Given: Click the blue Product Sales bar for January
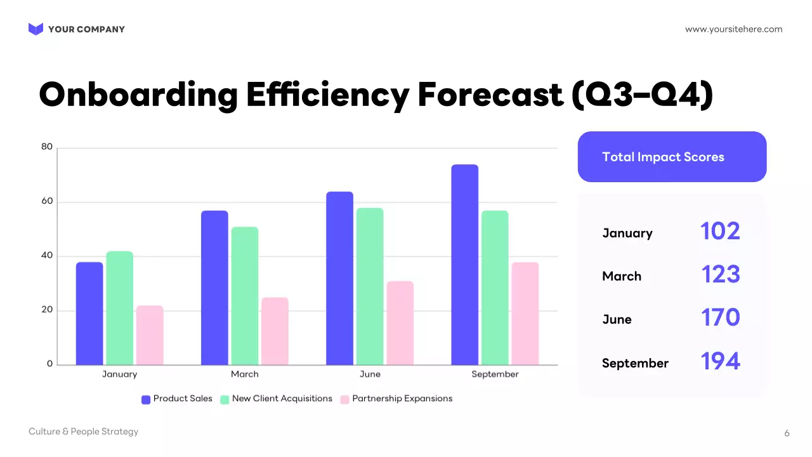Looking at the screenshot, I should point(89,314).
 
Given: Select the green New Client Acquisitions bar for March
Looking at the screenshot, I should point(244,296).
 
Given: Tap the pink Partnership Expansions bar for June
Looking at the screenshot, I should point(400,323).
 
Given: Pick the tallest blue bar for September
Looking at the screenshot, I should point(465,265).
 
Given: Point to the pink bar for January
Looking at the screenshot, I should point(150,335).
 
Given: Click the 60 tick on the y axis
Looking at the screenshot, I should point(47,202).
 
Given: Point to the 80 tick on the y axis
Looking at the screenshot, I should point(47,147).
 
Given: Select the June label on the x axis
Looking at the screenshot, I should point(370,374).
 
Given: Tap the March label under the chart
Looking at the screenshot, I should point(245,374).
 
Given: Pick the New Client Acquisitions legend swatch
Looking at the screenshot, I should point(225,399).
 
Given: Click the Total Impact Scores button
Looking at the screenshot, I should point(672,157).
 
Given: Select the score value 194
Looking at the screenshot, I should point(720,361).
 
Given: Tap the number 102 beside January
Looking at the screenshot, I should point(720,231).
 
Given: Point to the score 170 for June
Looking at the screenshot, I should point(720,317).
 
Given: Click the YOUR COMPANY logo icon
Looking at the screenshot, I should point(36,29).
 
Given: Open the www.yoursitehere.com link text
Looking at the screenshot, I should point(733,29).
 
